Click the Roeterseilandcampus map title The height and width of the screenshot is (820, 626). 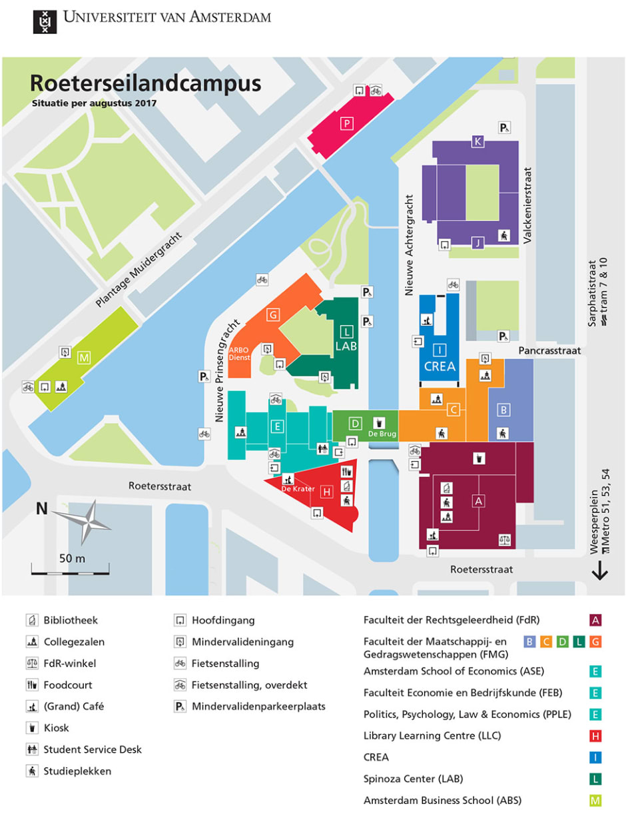[x=145, y=83]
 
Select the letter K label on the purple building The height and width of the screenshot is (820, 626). [x=477, y=141]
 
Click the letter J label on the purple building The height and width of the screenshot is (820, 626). [x=477, y=242]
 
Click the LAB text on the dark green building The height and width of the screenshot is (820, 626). [x=346, y=346]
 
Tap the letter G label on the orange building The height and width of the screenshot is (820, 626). [x=272, y=314]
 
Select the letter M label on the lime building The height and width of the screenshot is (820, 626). [x=84, y=358]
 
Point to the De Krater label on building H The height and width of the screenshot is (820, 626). [x=292, y=489]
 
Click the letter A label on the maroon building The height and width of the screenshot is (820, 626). [x=477, y=500]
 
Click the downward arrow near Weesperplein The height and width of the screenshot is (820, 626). [x=600, y=570]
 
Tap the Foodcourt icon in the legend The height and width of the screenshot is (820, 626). [x=31, y=685]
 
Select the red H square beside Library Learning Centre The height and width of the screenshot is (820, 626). [x=596, y=735]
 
